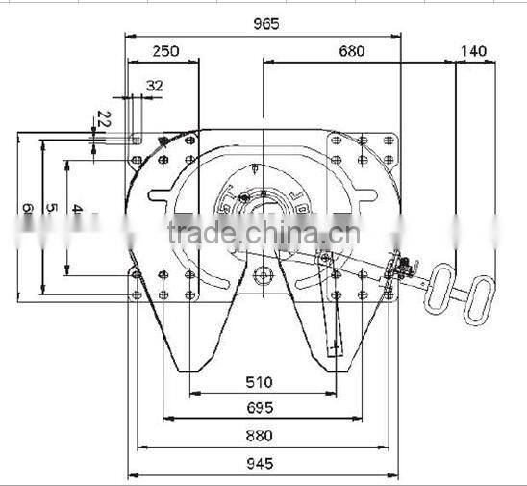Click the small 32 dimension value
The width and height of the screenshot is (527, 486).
pos(154,85)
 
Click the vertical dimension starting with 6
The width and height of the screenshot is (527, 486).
pos(28,208)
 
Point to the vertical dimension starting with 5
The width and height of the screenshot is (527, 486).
pos(52,208)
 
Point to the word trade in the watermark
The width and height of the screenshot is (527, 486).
pos(200,233)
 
